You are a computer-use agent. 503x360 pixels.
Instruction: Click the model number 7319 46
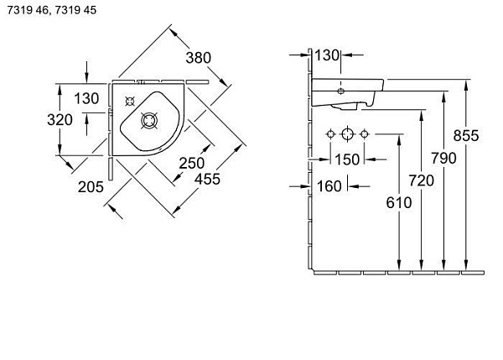[28, 10]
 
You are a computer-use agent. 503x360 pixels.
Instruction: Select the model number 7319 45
[75, 10]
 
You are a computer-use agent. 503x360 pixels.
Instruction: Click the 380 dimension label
[199, 58]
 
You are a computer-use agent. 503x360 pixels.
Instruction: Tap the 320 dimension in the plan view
[60, 120]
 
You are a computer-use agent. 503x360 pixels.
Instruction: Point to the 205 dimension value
[91, 187]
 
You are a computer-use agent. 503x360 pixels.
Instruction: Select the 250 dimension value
[192, 163]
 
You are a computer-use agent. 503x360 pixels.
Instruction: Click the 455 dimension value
[208, 179]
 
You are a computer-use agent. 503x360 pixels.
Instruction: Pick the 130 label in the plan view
[86, 98]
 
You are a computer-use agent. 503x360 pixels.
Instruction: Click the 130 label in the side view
[327, 55]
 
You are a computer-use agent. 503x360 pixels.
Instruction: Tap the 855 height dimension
[466, 135]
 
